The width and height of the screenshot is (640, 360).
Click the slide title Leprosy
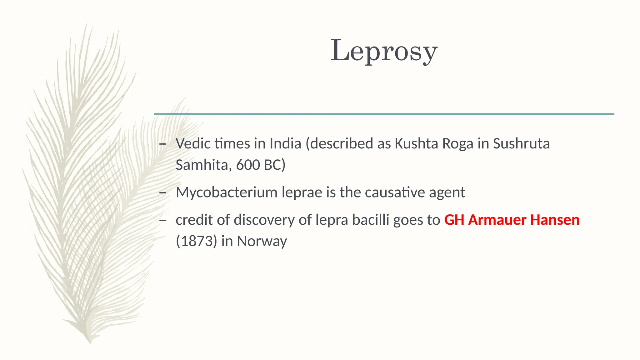384,51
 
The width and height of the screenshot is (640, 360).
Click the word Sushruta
521,144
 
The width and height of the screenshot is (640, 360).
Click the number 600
248,165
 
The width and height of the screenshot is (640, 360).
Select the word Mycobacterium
227,192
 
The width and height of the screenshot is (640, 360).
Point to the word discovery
264,220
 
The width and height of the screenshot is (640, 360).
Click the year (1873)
196,241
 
